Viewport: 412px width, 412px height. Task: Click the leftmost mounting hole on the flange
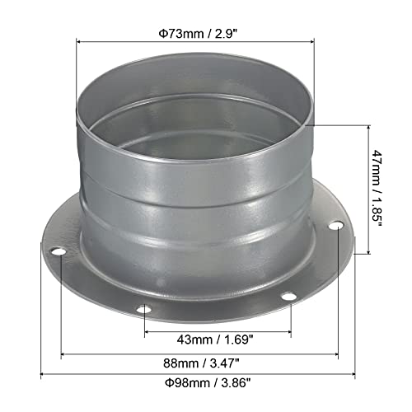pos(58,251)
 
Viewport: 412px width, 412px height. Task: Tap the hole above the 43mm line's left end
pos(144,311)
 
